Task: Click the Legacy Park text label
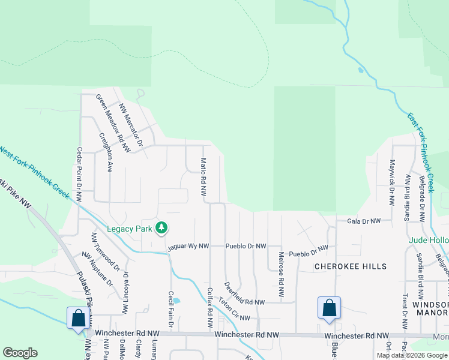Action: pyautogui.click(x=129, y=228)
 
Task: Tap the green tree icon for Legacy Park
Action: pyautogui.click(x=161, y=228)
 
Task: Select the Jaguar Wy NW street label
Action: pyautogui.click(x=188, y=246)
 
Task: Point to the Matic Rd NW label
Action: pyautogui.click(x=203, y=178)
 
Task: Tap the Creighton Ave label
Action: pyautogui.click(x=106, y=152)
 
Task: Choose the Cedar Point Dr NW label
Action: pyautogui.click(x=79, y=174)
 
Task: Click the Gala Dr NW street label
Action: pyautogui.click(x=364, y=221)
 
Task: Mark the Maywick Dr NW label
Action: pyautogui.click(x=392, y=182)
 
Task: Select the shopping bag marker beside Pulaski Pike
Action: pyautogui.click(x=78, y=317)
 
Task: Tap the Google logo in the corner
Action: pyautogui.click(x=20, y=353)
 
